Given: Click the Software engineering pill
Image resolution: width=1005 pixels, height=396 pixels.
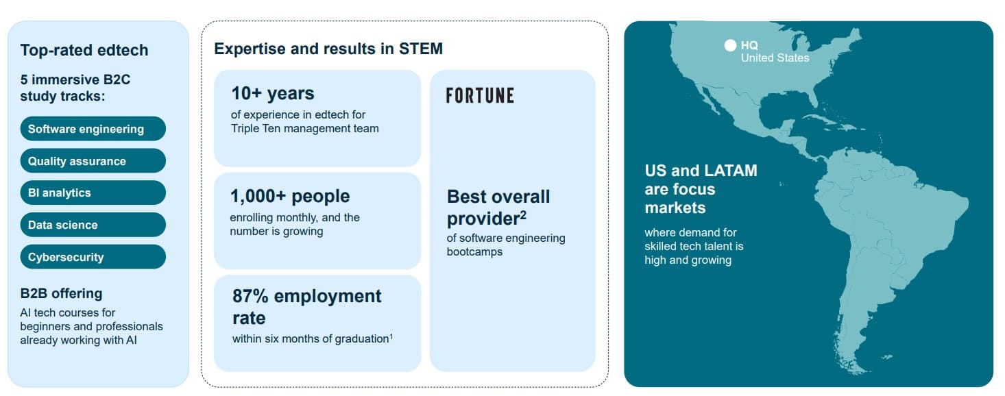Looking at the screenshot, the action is [93, 129].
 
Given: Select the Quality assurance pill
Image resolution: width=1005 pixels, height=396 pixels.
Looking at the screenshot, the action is [93, 160].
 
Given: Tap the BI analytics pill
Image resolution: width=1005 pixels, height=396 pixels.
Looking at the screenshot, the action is [93, 193].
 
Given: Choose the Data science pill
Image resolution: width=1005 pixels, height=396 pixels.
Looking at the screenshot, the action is [93, 225].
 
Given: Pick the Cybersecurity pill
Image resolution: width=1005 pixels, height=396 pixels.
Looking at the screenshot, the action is [93, 257].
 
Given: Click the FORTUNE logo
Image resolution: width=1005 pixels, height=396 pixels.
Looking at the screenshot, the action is [480, 95].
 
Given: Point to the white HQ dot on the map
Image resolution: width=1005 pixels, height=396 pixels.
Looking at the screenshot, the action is [730, 45].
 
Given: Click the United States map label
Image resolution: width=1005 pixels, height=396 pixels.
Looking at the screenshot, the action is [775, 58].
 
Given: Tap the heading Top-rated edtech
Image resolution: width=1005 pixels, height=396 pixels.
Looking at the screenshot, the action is [84, 50].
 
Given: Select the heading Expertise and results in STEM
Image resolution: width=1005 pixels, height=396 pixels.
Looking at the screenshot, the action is [328, 49].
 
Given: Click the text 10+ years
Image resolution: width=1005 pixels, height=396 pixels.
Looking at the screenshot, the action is [273, 93].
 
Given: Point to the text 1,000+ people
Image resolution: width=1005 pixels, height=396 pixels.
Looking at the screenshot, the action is [290, 196].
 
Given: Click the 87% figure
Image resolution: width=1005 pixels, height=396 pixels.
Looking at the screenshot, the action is [250, 296].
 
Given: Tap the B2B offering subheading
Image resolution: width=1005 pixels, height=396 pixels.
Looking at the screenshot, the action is [62, 293].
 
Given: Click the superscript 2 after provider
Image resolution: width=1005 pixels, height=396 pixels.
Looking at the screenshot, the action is [523, 215].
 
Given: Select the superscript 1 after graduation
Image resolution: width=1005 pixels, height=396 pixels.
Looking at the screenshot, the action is [391, 336].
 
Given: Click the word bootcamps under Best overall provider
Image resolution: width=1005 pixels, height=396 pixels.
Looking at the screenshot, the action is [474, 251].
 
